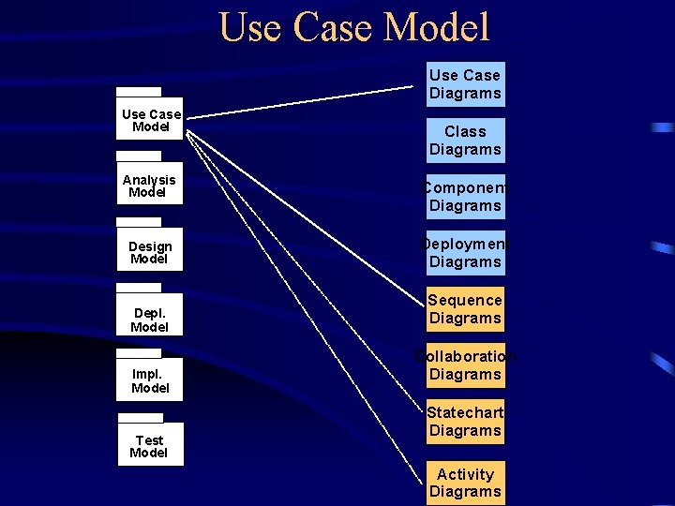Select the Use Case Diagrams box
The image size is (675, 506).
(465, 84)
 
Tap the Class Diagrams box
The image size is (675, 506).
(465, 141)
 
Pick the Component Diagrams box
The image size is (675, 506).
(465, 197)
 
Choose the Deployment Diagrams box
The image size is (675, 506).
(465, 253)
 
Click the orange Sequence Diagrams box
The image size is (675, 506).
(465, 309)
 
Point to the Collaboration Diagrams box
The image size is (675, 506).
(465, 365)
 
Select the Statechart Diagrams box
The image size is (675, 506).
(465, 422)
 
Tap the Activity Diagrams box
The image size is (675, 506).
(465, 483)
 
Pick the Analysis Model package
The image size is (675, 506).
(150, 186)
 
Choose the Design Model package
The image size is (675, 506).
(150, 251)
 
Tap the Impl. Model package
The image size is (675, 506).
(150, 380)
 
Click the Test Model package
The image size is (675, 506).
(150, 446)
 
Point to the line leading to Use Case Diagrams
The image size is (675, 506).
(300, 103)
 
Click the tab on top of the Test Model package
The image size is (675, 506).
(140, 418)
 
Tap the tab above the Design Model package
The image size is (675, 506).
(139, 222)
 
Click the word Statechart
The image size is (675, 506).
(465, 412)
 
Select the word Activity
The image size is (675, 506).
(465, 474)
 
